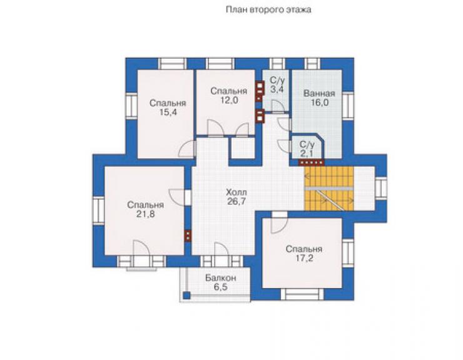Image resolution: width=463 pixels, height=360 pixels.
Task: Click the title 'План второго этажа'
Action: pyautogui.click(x=268, y=10)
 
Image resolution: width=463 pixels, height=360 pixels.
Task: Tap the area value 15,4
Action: pyautogui.click(x=168, y=112)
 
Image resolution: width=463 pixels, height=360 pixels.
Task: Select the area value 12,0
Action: pyautogui.click(x=228, y=100)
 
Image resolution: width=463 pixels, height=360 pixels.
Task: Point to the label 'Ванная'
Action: pyautogui.click(x=319, y=93)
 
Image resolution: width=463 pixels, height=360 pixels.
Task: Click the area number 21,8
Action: pyautogui.click(x=145, y=214)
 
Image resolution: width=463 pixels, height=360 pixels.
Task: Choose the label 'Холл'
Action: pyautogui.click(x=237, y=192)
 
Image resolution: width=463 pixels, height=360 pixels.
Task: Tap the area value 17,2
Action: pyautogui.click(x=304, y=258)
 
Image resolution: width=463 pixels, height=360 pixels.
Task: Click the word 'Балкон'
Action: pyautogui.click(x=221, y=278)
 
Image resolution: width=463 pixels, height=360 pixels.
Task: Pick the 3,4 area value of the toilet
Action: pyautogui.click(x=277, y=89)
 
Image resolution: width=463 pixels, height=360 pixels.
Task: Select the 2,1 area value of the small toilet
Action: pyautogui.click(x=307, y=153)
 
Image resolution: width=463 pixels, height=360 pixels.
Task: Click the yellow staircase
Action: pyautogui.click(x=329, y=188)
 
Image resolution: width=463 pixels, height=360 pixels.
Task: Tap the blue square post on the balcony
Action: pyautogui.click(x=186, y=295)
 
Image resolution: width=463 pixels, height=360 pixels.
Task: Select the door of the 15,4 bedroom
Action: pyautogui.click(x=188, y=149)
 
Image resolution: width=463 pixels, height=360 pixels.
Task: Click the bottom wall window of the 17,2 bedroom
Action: pyautogui.click(x=302, y=294)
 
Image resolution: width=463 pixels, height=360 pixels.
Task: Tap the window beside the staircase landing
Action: pyautogui.click(x=381, y=188)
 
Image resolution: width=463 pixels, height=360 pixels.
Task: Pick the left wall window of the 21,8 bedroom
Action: pyautogui.click(x=98, y=211)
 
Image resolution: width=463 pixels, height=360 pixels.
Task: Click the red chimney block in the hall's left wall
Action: pyautogui.click(x=188, y=235)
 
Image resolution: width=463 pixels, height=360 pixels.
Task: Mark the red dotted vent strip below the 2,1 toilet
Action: pyautogui.click(x=312, y=162)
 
